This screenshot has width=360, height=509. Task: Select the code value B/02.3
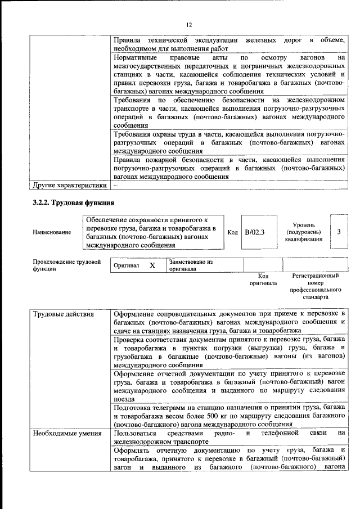255,232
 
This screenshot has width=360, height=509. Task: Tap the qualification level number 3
339,232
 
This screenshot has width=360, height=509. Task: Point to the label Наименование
52,232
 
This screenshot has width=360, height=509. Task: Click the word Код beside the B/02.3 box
232,232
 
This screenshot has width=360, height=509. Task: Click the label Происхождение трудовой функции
66,265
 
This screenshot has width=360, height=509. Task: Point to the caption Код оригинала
263,280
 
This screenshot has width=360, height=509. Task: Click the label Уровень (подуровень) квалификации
303,232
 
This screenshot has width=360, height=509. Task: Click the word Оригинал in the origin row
126,265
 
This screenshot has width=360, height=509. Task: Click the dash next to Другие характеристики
116,185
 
